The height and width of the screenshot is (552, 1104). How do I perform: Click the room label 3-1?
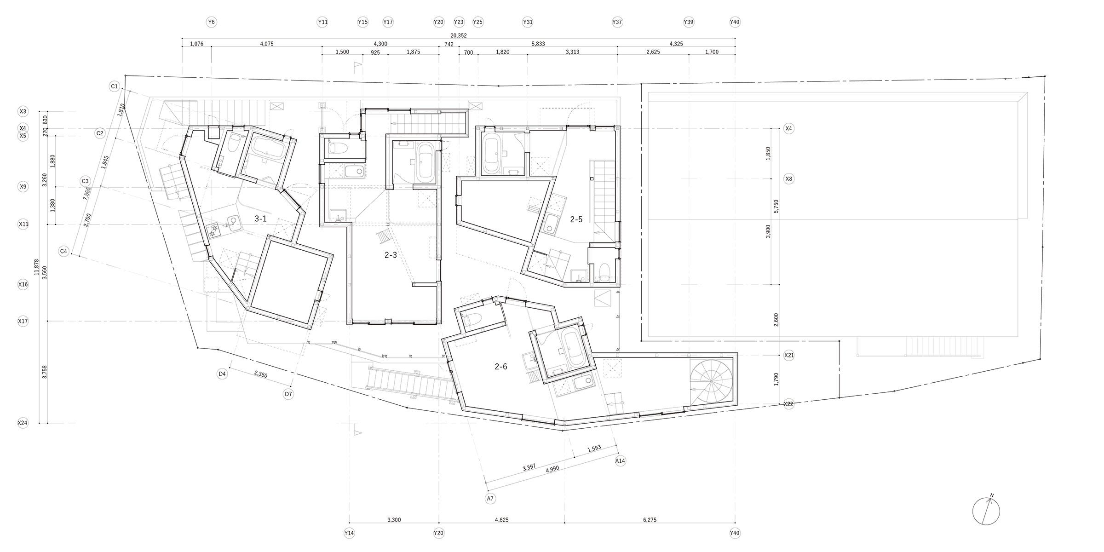click(261, 219)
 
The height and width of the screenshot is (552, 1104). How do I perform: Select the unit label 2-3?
click(391, 255)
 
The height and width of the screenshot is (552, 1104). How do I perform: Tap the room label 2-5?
click(576, 219)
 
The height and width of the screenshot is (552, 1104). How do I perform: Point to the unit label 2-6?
click(501, 367)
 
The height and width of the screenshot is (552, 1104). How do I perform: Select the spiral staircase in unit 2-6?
click(711, 381)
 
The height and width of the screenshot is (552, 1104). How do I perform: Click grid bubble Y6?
click(211, 22)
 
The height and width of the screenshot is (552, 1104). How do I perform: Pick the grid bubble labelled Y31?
click(528, 22)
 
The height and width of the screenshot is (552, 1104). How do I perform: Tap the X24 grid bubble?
click(23, 423)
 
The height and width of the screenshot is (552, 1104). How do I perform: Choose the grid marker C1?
click(115, 86)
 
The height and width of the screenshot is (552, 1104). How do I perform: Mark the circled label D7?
click(288, 394)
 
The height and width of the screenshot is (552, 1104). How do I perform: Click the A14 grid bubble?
click(620, 460)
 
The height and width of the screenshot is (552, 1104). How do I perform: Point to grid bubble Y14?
click(349, 533)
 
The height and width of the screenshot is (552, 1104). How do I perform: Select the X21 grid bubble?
click(789, 355)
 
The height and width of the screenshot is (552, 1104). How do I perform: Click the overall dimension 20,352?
click(459, 35)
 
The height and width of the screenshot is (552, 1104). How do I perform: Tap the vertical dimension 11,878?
click(37, 267)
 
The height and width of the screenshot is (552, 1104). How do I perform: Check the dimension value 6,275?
click(650, 520)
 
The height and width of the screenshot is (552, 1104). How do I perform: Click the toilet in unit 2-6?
click(471, 319)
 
